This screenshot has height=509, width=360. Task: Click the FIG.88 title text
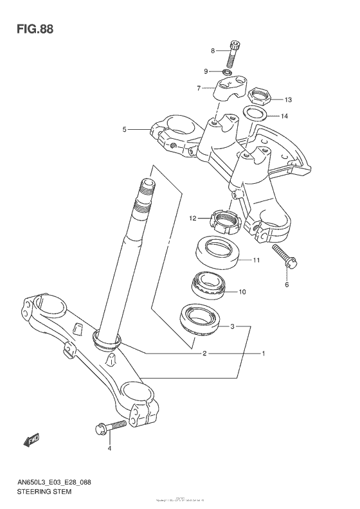30,29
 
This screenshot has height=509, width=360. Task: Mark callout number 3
233,326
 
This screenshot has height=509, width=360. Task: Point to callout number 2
204,353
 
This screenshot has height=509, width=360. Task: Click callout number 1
262,353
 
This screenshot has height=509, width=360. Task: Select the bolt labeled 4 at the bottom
111,427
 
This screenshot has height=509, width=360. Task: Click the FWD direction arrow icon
30,441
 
